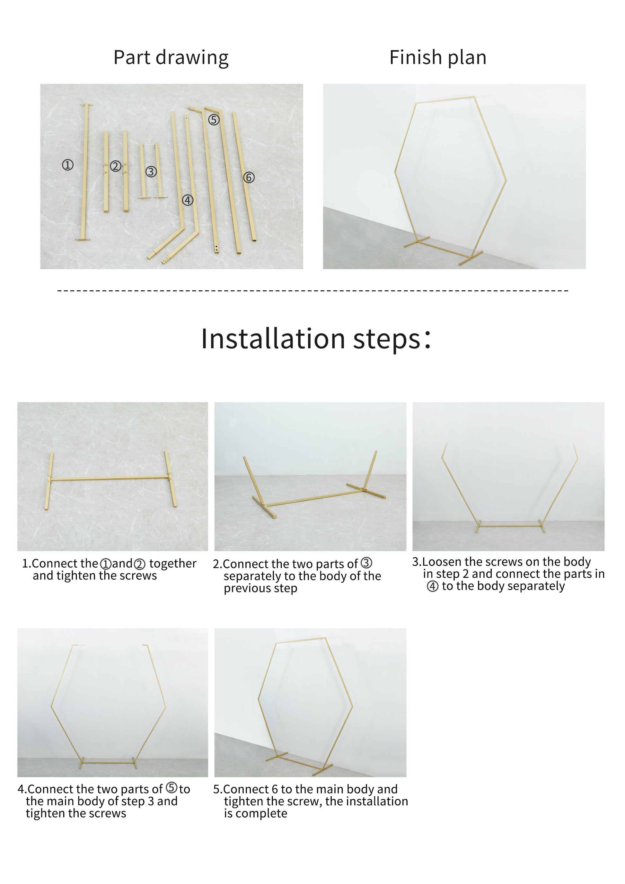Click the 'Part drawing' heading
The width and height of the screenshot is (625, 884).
(171, 58)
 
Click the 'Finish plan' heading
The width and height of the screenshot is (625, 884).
(438, 57)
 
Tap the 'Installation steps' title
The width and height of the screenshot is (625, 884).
(315, 338)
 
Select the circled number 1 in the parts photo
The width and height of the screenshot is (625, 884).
(68, 165)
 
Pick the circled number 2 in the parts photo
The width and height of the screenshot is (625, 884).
(115, 166)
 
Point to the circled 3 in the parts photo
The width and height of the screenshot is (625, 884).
(151, 172)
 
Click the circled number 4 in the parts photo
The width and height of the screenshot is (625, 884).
(188, 200)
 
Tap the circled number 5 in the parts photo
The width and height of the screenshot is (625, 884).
(214, 120)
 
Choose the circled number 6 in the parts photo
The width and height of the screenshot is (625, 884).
(249, 178)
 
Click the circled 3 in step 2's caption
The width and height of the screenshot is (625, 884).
(366, 563)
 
